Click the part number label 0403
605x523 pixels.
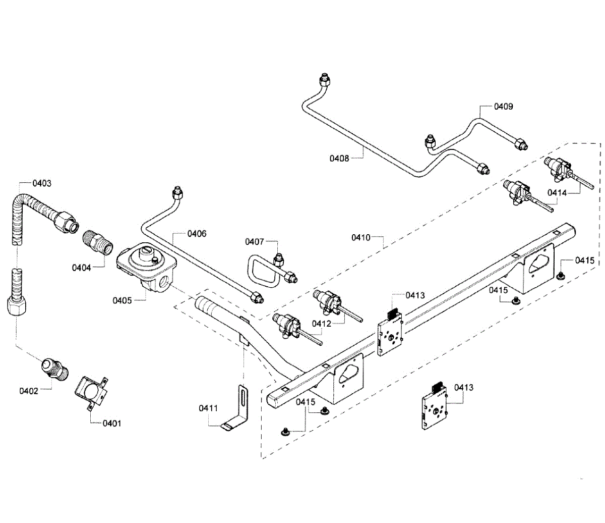tap(42, 183)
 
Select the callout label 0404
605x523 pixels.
tap(81, 268)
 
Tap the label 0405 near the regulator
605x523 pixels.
tap(122, 300)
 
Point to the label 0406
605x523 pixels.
tap(197, 234)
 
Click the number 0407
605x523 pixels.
tap(255, 242)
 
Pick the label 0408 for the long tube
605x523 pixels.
tap(339, 159)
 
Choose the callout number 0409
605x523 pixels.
tap(503, 107)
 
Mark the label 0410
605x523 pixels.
tap(361, 237)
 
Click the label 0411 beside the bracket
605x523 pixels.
tap(208, 408)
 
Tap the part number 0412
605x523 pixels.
tap(322, 324)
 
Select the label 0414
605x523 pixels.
tap(557, 192)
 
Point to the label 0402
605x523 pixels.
tap(29, 391)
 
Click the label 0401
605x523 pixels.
tap(112, 423)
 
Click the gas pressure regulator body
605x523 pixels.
tap(147, 268)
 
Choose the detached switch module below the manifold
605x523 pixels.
tap(434, 408)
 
